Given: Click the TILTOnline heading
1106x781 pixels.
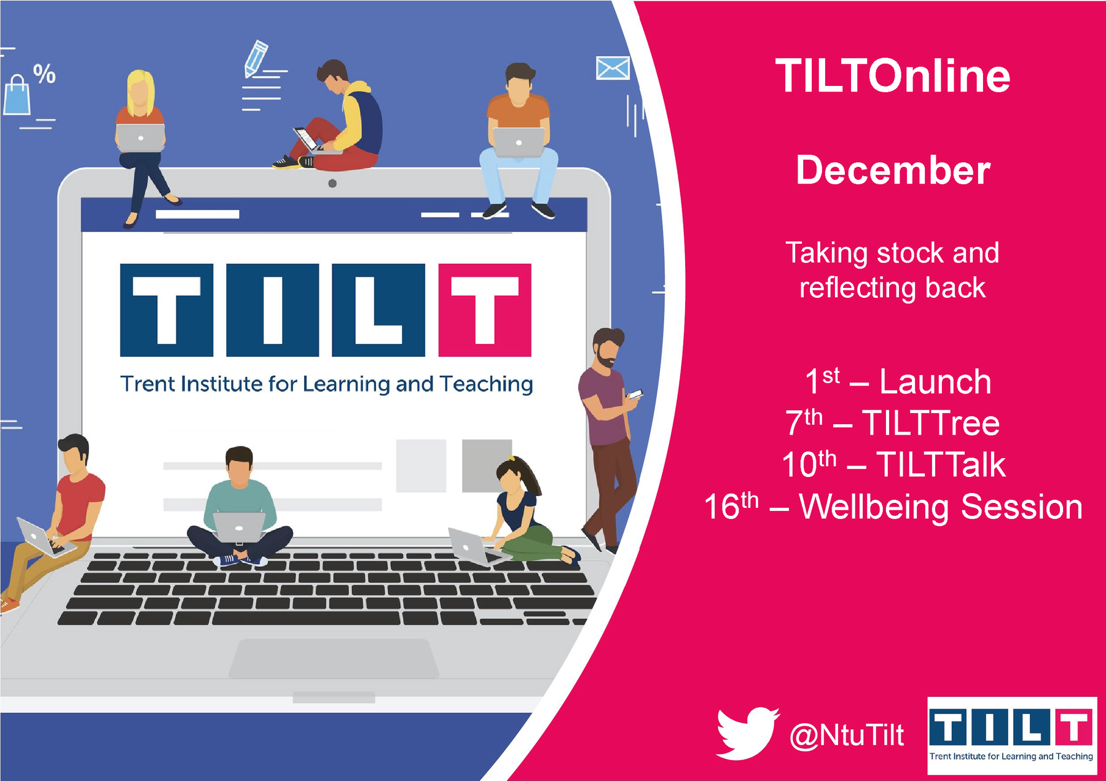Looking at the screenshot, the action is coord(892,76).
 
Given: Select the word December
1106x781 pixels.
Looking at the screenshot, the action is coord(893,170).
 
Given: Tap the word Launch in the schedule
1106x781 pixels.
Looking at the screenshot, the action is coord(935,382).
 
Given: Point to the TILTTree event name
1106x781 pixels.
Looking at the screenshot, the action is coord(930,423).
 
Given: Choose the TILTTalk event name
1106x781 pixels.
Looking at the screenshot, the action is coord(941,464).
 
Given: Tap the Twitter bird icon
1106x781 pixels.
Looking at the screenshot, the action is coord(747,733).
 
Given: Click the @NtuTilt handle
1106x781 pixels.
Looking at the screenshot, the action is coord(847,735).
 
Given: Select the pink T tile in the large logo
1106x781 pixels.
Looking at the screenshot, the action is coord(485,310).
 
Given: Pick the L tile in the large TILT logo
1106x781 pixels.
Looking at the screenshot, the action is coord(378,310).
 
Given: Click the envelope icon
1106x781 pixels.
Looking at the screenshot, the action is coord(613,68).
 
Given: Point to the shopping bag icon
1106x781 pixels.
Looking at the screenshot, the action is coord(17,95).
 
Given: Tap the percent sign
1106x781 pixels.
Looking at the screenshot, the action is coord(44,74).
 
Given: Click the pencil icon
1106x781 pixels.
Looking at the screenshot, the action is coord(255,58).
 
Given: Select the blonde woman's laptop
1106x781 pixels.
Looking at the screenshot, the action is coord(141,138).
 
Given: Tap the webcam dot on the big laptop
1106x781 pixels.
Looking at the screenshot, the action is coord(332,183).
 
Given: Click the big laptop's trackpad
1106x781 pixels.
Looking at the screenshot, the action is coord(334,658).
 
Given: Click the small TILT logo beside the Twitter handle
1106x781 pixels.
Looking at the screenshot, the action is coord(1011,736).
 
